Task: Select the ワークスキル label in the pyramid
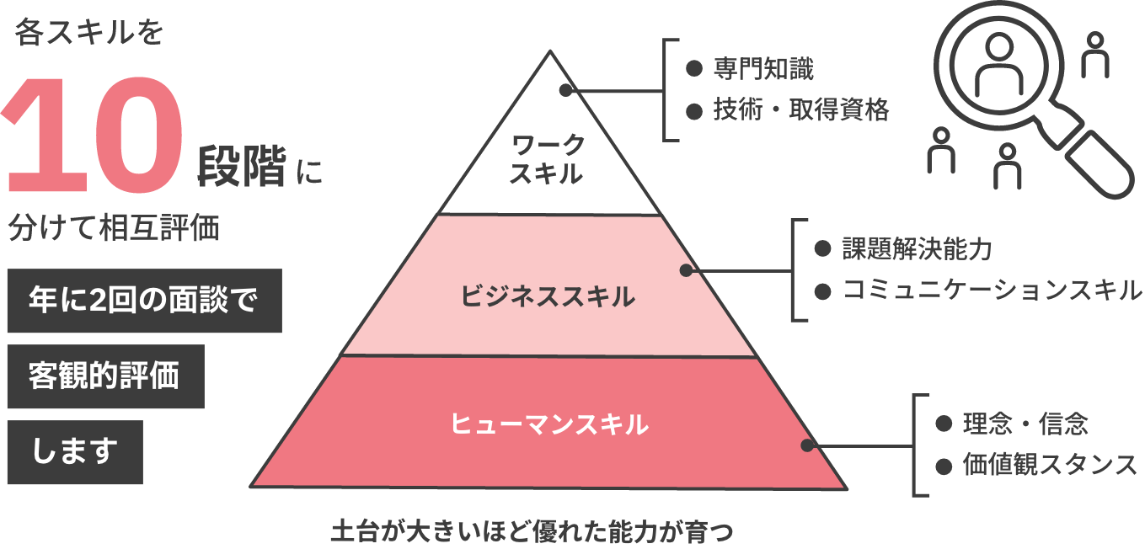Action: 548,159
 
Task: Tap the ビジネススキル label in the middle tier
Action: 548,296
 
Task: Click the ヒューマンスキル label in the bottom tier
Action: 549,424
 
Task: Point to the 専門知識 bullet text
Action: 762,69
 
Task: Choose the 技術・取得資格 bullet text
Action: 800,109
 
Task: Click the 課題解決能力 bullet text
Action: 917,249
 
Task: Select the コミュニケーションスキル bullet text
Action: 992,290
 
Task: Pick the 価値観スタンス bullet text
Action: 1050,465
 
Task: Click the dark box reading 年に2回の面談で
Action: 143,301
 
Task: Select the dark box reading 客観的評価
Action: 104,376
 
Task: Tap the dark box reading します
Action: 74,452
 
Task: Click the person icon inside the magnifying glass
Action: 998,67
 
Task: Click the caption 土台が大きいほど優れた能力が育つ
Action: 532,531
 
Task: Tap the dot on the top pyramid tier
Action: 565,90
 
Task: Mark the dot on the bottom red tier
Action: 806,445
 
